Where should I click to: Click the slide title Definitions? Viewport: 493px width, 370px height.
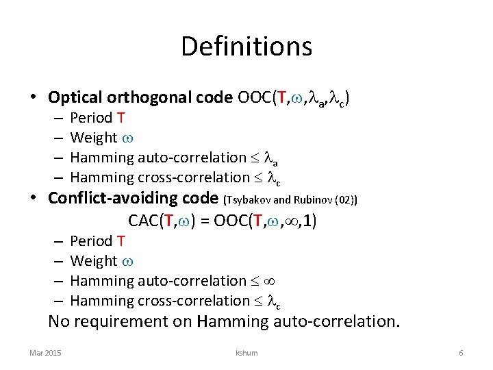(246, 47)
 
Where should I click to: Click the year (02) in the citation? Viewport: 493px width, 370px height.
(348, 200)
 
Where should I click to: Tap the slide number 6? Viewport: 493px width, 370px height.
(461, 352)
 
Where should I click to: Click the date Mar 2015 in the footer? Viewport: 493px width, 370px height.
(45, 352)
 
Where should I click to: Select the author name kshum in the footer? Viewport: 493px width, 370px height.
(246, 352)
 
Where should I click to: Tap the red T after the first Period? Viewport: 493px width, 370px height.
(121, 117)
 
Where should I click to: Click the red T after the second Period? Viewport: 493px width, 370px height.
(121, 241)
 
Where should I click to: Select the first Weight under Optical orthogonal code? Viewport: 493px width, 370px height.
(93, 137)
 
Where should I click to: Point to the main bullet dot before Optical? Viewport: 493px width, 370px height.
(34, 97)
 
